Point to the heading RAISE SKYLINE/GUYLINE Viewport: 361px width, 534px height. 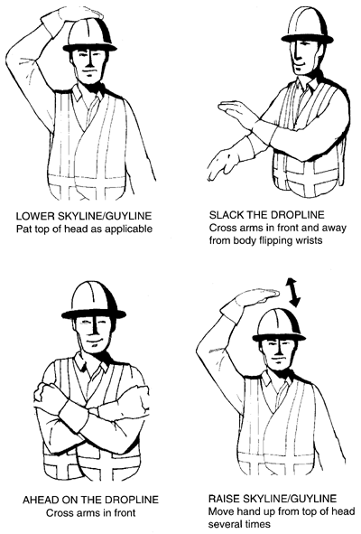click(x=268, y=498)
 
